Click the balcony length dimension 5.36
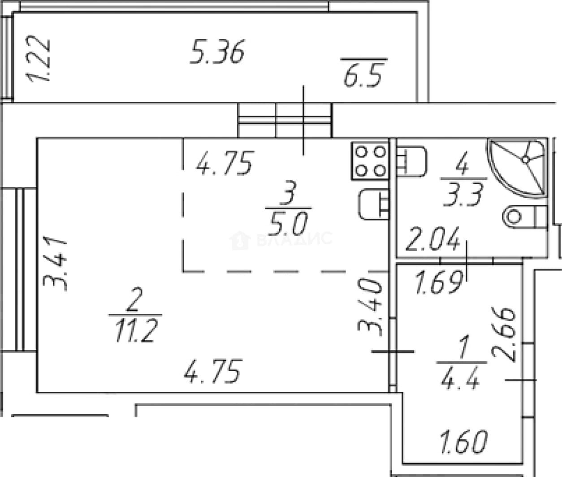(217, 52)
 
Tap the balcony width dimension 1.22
(38, 58)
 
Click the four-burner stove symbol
(370, 161)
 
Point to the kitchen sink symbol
(374, 204)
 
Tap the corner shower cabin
(517, 168)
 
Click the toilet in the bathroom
(525, 217)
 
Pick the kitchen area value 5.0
(288, 224)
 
